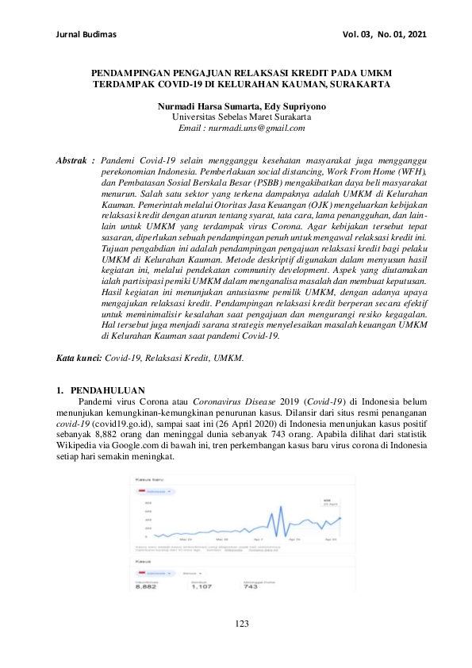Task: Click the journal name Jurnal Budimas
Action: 87,35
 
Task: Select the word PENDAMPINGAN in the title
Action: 133,71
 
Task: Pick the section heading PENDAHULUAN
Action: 107,390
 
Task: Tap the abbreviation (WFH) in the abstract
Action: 410,171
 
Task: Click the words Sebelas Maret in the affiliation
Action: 246,117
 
